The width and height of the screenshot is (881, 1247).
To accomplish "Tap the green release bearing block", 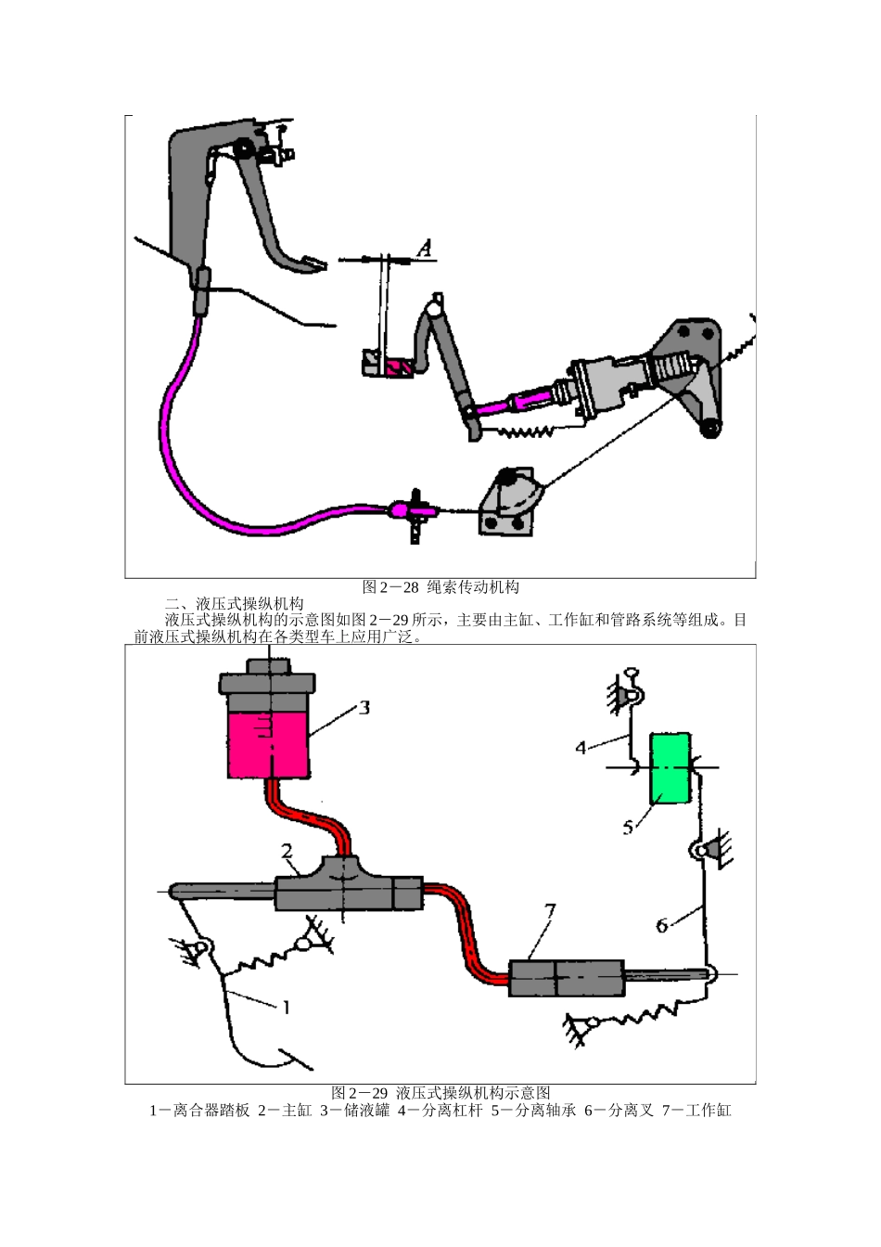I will point(670,767).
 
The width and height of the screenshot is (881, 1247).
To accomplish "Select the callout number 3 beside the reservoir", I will point(364,708).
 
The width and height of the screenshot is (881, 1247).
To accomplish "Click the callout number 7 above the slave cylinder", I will point(550,911).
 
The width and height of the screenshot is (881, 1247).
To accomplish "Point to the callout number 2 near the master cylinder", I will point(287,851).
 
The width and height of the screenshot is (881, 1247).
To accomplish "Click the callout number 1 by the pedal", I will point(287,1006).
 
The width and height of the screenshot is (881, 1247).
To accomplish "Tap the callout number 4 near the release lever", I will point(581,746).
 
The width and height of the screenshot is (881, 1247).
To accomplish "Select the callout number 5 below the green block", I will point(628,826).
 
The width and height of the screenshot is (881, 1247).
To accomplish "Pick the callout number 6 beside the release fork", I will point(662,925).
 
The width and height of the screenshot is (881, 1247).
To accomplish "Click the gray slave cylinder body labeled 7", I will point(566,979).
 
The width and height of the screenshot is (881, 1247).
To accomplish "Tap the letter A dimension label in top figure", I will point(424,248).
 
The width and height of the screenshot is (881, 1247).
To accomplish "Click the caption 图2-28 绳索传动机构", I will point(440,586).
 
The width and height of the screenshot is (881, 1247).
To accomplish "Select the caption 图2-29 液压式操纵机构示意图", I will point(440,1092).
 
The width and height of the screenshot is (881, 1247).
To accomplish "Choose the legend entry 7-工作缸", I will point(696,1110).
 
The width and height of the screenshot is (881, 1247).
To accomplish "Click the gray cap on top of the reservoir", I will point(269,684).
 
